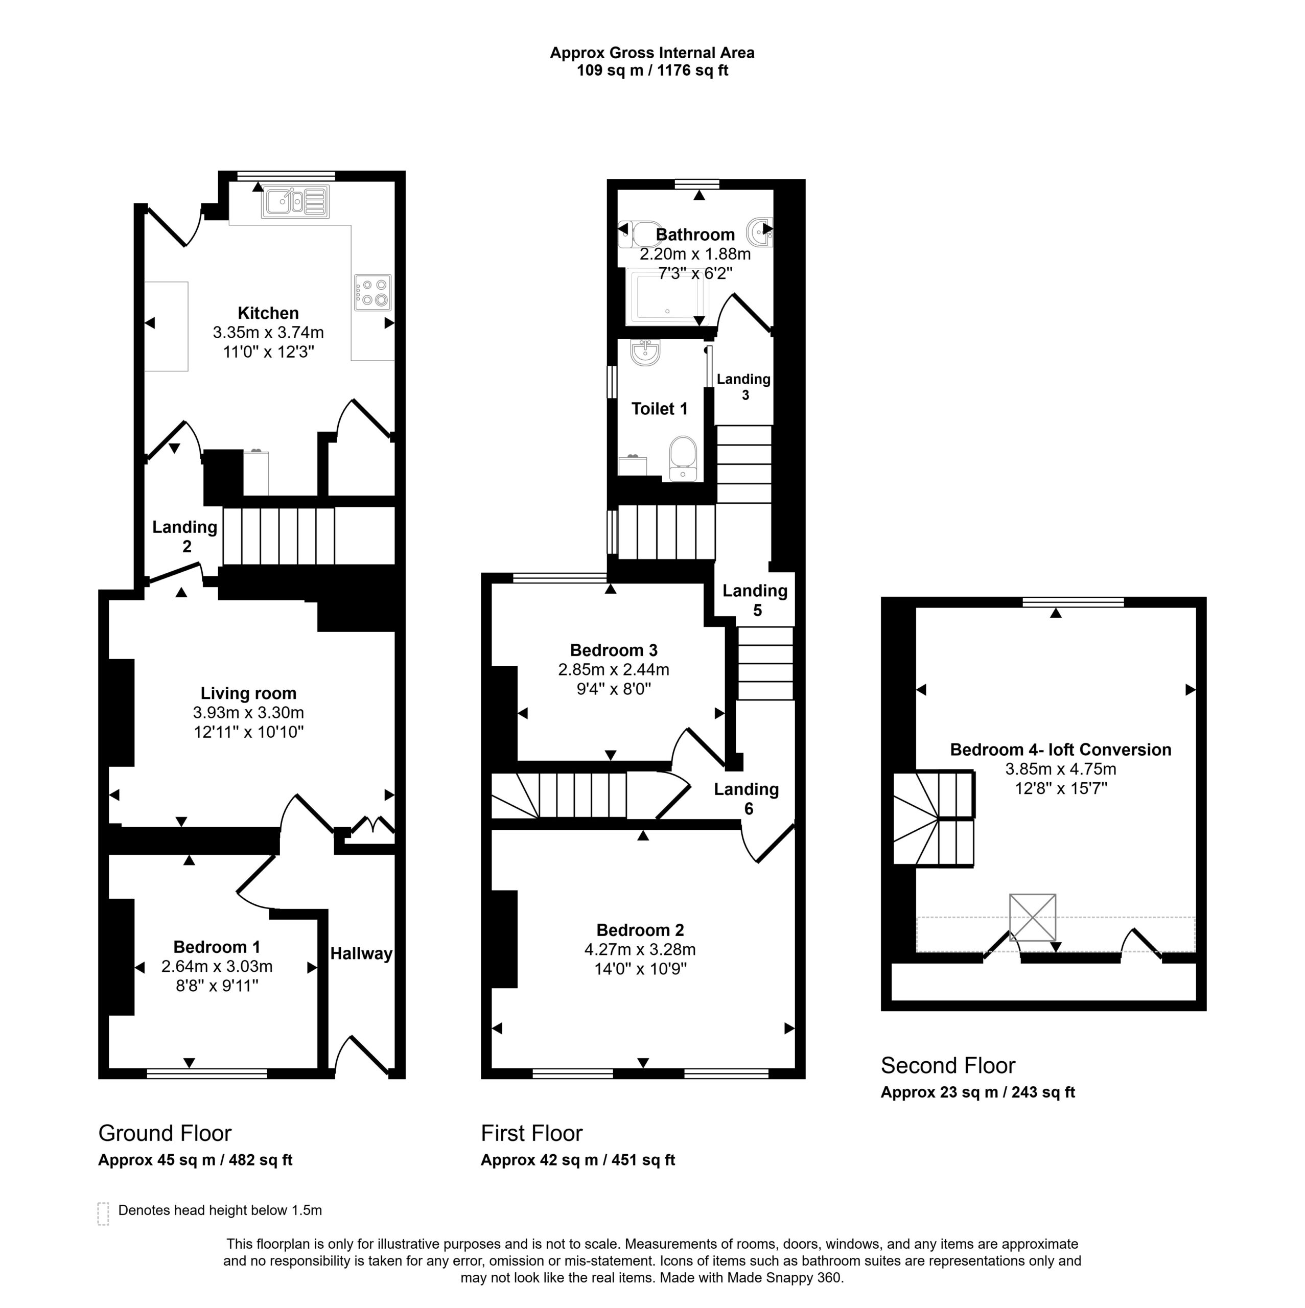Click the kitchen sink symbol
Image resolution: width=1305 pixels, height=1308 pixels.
pyautogui.click(x=296, y=202)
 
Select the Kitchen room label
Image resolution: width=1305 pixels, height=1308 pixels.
pyautogui.click(x=268, y=313)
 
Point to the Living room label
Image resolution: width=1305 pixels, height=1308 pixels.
pyautogui.click(x=248, y=693)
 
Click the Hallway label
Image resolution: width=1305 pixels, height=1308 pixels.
pyautogui.click(x=361, y=954)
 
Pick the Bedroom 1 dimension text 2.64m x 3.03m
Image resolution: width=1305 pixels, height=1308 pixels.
pyautogui.click(x=217, y=966)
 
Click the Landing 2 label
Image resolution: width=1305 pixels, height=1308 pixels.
pyautogui.click(x=185, y=536)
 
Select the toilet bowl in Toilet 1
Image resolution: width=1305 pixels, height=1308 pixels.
pyautogui.click(x=683, y=458)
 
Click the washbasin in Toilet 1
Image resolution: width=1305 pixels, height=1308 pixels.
pyautogui.click(x=645, y=352)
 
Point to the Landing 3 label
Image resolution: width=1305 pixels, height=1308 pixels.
pyautogui.click(x=743, y=387)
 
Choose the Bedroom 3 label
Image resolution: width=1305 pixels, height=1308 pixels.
pyautogui.click(x=614, y=650)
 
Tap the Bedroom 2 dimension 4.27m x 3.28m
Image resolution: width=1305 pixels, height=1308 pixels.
pyautogui.click(x=640, y=949)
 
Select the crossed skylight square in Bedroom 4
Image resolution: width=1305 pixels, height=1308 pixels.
pyautogui.click(x=1032, y=917)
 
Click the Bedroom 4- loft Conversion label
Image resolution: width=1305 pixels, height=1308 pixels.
pyautogui.click(x=1061, y=750)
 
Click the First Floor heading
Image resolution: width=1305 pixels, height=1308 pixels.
pyautogui.click(x=531, y=1133)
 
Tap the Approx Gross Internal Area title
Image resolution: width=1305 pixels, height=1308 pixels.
pyautogui.click(x=652, y=53)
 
